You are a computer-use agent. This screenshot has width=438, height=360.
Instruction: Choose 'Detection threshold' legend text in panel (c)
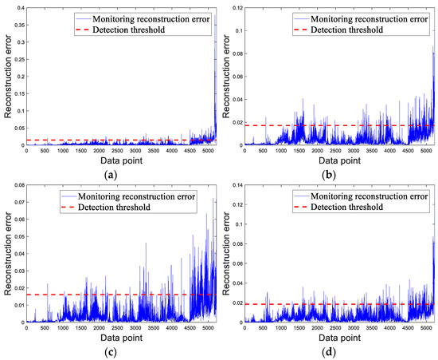pos(131,207)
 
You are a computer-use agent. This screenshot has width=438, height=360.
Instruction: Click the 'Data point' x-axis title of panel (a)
pos(121,160)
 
